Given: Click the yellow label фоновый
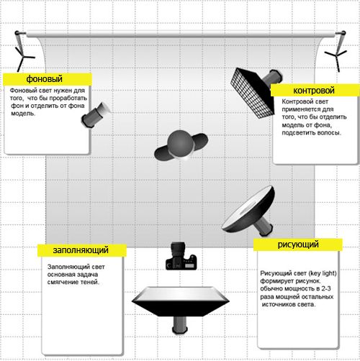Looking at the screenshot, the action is pos(48,79).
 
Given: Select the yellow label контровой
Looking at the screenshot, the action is pos(315,91).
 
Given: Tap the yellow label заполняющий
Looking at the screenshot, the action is pos(82,250).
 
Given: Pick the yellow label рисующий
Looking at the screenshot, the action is pos(298,245).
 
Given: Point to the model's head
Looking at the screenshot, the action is pos(181,144).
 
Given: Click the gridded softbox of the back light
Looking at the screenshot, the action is pos(252,93).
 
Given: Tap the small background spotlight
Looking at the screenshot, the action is pos(96,115).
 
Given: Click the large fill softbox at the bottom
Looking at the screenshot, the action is pos(181,301).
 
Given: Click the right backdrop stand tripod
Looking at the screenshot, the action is pos(337,53).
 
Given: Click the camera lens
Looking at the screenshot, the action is pos(178,250).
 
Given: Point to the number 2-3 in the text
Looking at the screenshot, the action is pos(326,288).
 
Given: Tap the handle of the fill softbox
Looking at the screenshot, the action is pos(180,324).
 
